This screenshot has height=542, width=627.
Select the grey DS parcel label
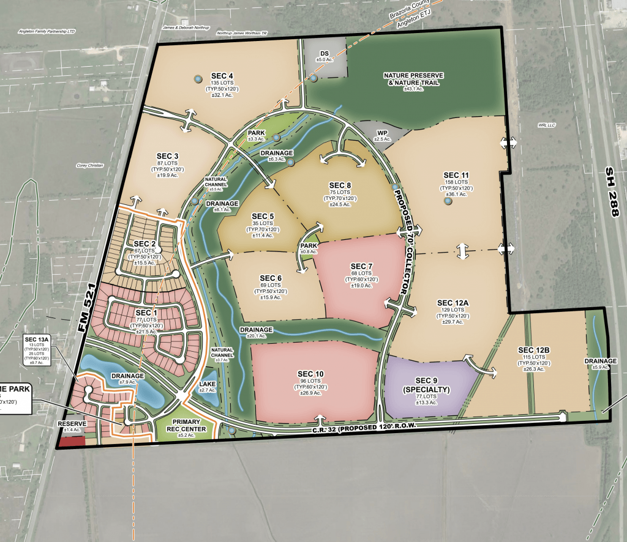pyautogui.click(x=324, y=54)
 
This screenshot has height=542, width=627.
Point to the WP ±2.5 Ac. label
pyautogui.click(x=383, y=135)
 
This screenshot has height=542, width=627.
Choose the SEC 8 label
pyautogui.click(x=340, y=185)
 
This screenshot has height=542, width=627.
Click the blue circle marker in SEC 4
pyautogui.click(x=197, y=80)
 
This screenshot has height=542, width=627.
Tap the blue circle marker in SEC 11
pyautogui.click(x=448, y=201)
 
